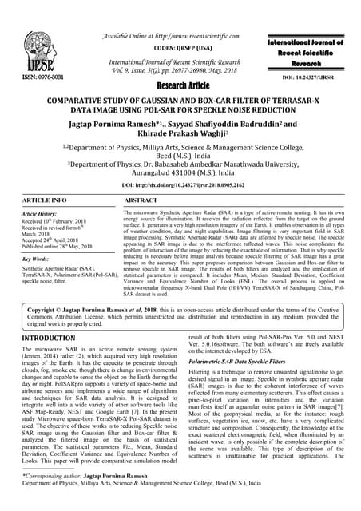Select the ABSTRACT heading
pos(145,202)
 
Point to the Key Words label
pos(30,260)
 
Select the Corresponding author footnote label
pos(44,497)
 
